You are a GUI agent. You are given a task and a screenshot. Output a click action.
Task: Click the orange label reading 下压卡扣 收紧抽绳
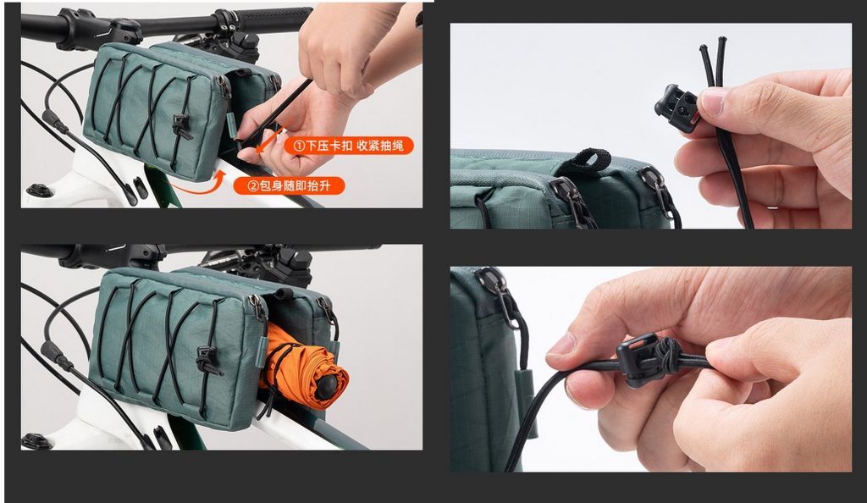pyautogui.click(x=348, y=146)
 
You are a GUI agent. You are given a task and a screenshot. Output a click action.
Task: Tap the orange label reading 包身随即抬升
pyautogui.click(x=289, y=185)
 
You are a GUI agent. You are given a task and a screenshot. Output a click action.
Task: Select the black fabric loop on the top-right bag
pyautogui.click(x=589, y=160)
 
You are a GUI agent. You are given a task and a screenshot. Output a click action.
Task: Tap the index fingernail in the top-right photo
pyautogui.click(x=712, y=102)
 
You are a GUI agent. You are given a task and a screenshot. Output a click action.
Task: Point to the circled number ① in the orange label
pyautogui.click(x=299, y=146)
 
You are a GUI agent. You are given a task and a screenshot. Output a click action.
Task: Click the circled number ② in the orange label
pyautogui.click(x=252, y=185)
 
